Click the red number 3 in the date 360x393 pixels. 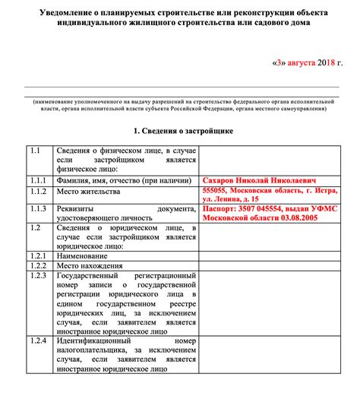click(x=280, y=62)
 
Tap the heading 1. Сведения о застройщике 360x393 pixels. click(x=179, y=131)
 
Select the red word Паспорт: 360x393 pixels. click(x=223, y=208)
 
